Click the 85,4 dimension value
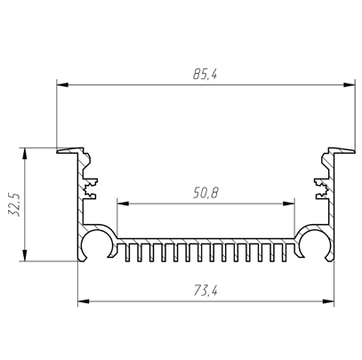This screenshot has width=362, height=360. pyautogui.click(x=205, y=74)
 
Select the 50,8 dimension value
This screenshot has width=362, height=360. pyautogui.click(x=205, y=193)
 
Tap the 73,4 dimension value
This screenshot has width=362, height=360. pyautogui.click(x=205, y=291)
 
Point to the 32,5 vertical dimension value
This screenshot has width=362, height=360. pyautogui.click(x=14, y=204)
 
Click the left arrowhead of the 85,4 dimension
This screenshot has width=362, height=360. pyautogui.click(x=62, y=84)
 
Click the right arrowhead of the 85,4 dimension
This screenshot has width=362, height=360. pyautogui.click(x=349, y=84)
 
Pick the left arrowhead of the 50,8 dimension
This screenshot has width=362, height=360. pyautogui.click(x=124, y=204)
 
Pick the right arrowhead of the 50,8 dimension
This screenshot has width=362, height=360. pyautogui.click(x=288, y=204)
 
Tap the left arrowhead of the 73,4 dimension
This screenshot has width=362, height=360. pyautogui.click(x=84, y=301)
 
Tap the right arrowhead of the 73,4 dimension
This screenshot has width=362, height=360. pyautogui.click(x=328, y=301)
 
